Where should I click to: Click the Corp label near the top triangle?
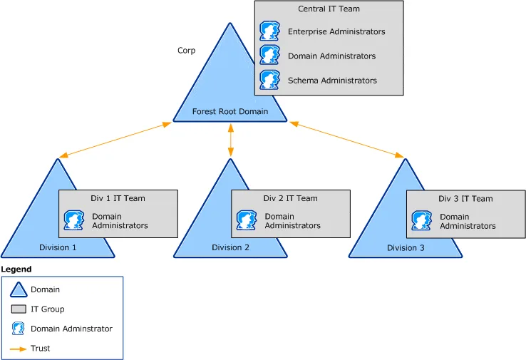186,51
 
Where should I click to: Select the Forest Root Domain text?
230,111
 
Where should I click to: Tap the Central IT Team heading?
329,9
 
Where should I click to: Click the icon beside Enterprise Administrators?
269,32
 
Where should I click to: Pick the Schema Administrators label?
332,81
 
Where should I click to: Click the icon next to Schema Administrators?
269,80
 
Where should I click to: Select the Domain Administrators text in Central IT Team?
331,56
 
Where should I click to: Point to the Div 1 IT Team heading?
118,198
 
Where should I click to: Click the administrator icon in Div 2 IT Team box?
246,220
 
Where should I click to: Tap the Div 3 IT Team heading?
465,199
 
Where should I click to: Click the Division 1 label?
58,248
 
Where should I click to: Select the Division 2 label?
230,248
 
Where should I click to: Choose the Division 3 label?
406,248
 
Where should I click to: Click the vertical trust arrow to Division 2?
230,141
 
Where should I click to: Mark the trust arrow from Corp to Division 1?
115,140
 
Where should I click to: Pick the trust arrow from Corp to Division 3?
347,140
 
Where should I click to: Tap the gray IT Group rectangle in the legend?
19,309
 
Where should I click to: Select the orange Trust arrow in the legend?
19,349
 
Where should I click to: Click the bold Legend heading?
16,269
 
